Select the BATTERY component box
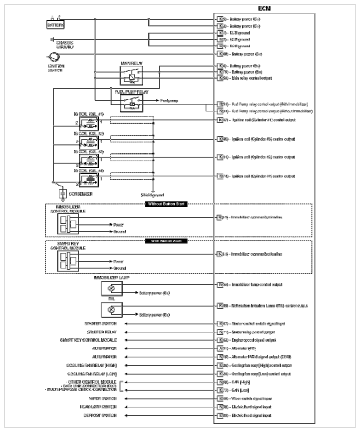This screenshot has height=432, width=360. [55, 25]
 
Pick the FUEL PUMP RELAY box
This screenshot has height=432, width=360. [131, 102]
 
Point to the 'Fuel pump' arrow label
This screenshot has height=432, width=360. [169, 100]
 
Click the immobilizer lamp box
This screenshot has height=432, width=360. [112, 288]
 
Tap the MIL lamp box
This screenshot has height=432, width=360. [112, 309]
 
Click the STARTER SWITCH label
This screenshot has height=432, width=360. [101, 324]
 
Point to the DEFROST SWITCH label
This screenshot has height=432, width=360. [100, 415]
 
